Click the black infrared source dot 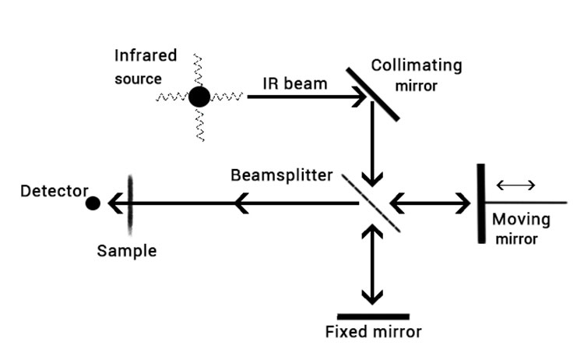click(199, 97)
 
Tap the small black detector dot click(93, 203)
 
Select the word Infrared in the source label click(146, 56)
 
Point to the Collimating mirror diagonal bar click(374, 94)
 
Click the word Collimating click(416, 65)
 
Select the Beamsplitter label click(281, 175)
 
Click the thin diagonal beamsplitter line click(372, 203)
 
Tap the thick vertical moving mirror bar click(481, 203)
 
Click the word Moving click(521, 220)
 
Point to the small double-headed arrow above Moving click(515, 185)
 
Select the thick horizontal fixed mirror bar click(373, 316)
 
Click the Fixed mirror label click(373, 333)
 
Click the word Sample click(127, 251)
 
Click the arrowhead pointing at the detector click(114, 203)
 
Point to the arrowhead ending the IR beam click(361, 97)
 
